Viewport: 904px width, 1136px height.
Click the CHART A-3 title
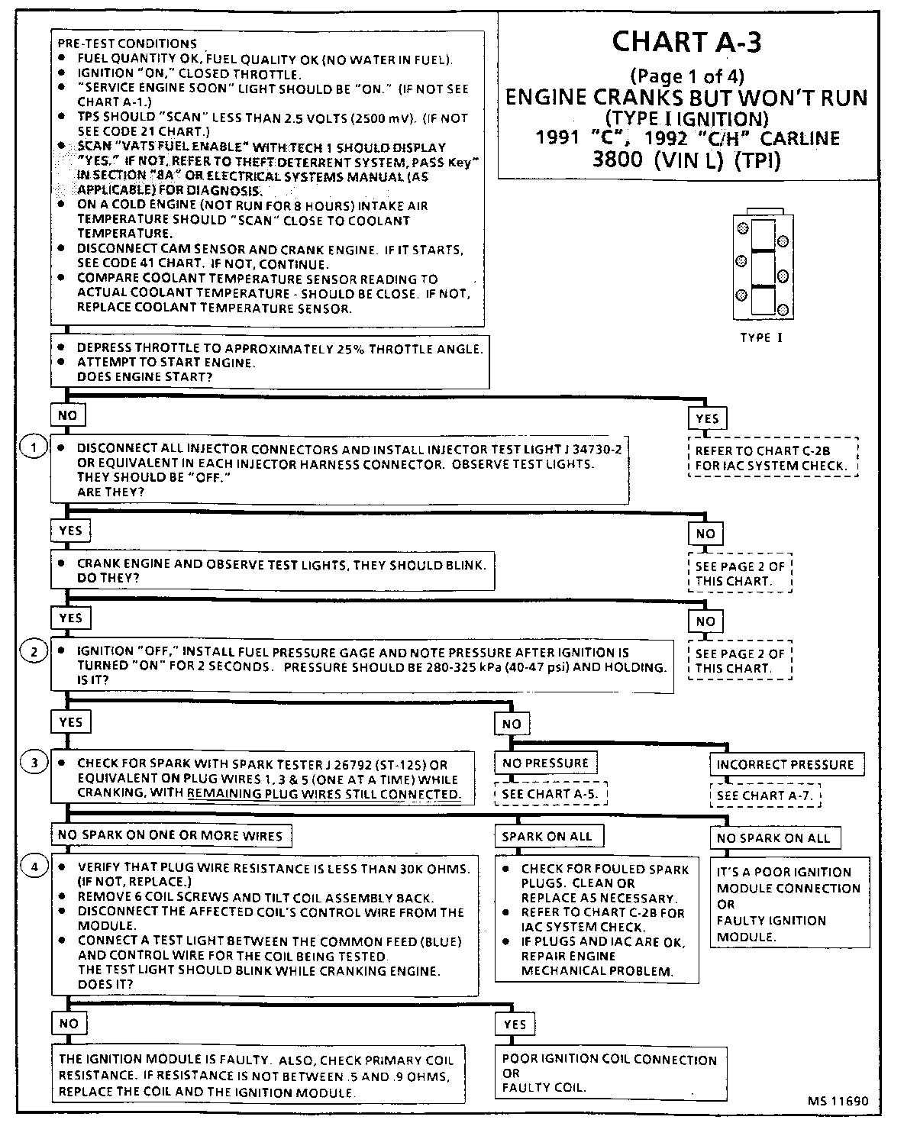tap(686, 43)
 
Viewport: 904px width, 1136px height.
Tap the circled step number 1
tap(33, 446)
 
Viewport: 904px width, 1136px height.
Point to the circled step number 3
tap(33, 762)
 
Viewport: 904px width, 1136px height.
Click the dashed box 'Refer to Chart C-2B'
tap(772, 458)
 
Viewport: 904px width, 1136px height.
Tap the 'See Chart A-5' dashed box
tap(550, 794)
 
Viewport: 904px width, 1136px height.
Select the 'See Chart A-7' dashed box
tap(766, 796)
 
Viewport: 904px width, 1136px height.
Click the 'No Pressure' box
tap(545, 763)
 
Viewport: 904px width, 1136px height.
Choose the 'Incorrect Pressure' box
tap(784, 764)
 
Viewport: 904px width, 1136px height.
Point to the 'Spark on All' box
tap(547, 836)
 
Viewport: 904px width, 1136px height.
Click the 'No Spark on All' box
tap(773, 837)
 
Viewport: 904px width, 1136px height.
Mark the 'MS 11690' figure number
tap(838, 1101)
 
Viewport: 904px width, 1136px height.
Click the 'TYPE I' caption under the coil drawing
tap(760, 337)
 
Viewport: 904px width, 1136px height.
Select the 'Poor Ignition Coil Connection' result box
tap(609, 1073)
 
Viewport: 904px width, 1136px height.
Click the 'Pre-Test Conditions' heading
tap(127, 44)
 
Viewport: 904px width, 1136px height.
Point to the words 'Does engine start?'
tap(144, 376)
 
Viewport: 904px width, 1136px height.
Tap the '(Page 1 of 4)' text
tap(686, 76)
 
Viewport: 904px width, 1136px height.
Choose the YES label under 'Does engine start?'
tap(707, 418)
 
